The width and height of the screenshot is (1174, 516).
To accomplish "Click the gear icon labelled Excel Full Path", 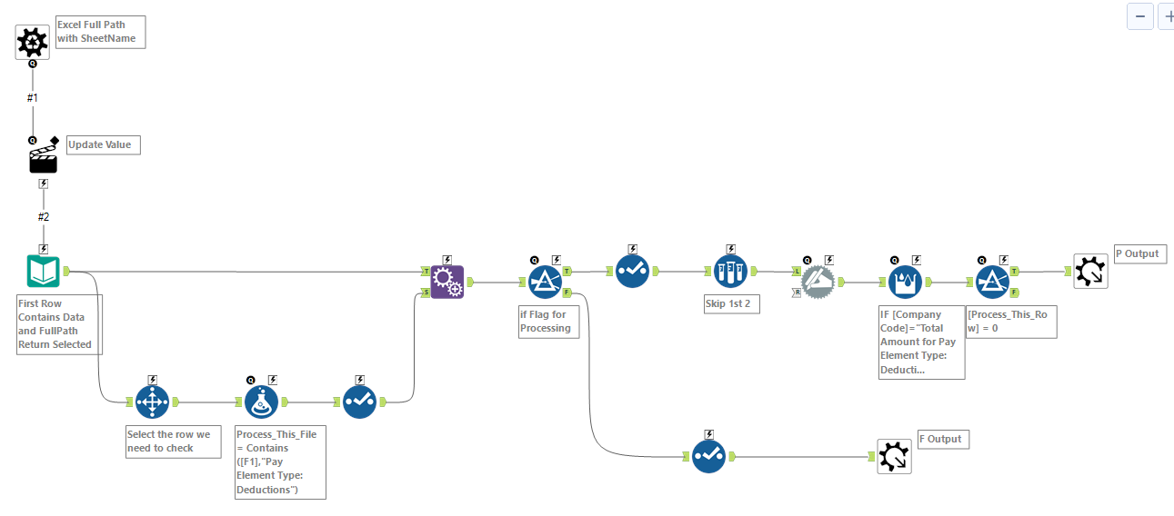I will click(x=33, y=42).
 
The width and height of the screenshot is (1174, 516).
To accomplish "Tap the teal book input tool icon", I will click(x=43, y=272).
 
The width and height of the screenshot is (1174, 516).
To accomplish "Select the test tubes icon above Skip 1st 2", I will click(x=730, y=271).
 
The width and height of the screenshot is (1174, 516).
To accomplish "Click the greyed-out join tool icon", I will click(x=818, y=281).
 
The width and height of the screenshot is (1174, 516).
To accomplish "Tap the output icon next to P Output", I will click(x=1090, y=271).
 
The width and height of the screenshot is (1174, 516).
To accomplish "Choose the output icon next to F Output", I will click(x=894, y=456).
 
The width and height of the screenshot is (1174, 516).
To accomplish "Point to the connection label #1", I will click(x=33, y=97).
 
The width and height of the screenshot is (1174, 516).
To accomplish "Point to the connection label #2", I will click(x=43, y=216).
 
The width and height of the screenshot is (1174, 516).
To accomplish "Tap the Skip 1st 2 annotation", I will click(x=730, y=303).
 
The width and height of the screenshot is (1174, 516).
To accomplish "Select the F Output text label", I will click(x=942, y=439).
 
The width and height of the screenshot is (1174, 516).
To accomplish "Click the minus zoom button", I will click(x=1139, y=16).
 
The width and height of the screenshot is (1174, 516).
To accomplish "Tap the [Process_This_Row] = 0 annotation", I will click(x=1011, y=322).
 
